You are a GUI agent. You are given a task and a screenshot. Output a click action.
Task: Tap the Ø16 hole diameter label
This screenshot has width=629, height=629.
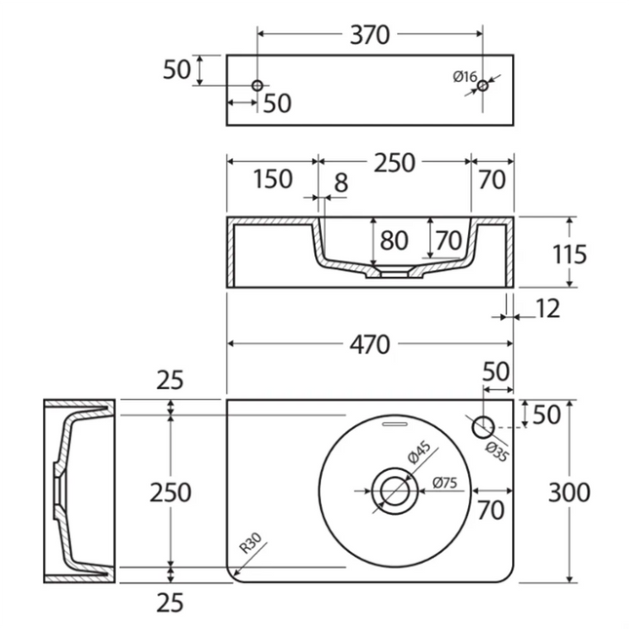tap(464, 77)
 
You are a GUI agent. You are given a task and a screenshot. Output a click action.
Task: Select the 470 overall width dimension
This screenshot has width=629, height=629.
tap(369, 344)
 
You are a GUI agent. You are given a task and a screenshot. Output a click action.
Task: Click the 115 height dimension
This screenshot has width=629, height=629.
tap(569, 255)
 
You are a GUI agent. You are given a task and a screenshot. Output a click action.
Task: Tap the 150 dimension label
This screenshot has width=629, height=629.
tap(272, 179)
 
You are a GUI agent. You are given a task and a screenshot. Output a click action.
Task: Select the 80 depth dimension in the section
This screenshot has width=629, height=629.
tap(395, 239)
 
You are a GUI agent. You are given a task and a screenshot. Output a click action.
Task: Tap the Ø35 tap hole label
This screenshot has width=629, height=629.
tap(497, 447)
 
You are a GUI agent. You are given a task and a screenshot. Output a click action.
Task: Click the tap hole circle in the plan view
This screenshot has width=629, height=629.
tap(483, 426)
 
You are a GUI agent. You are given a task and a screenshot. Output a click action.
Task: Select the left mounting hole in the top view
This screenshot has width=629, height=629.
tap(257, 86)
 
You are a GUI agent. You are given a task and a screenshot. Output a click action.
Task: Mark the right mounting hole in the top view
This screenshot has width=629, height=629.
tap(483, 86)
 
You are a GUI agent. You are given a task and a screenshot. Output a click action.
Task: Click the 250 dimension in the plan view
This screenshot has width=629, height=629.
tap(171, 492)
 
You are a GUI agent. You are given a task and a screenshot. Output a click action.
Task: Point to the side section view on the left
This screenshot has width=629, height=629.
tap(78, 491)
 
